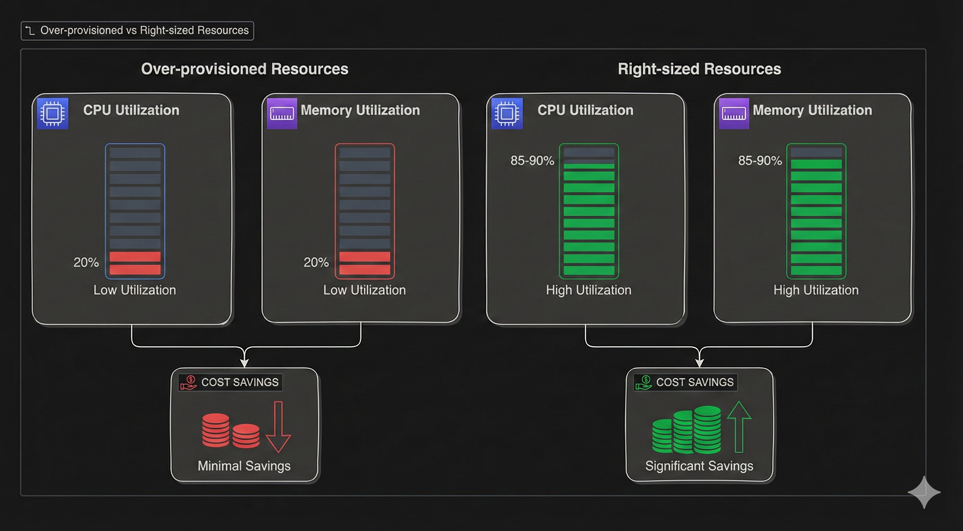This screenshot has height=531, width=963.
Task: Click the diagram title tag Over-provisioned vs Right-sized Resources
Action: pyautogui.click(x=137, y=31)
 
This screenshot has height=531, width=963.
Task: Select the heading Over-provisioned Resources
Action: pyautogui.click(x=245, y=69)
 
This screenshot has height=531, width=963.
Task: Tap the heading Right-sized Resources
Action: pyautogui.click(x=699, y=69)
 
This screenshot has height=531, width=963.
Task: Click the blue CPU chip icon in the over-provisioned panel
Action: pyautogui.click(x=53, y=113)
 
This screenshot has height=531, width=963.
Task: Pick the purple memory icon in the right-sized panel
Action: pyautogui.click(x=734, y=113)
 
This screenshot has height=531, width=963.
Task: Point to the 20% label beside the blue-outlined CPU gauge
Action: pyautogui.click(x=86, y=262)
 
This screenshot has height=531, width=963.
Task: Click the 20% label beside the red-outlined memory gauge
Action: pyautogui.click(x=316, y=262)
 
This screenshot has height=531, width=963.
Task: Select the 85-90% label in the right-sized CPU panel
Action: pyautogui.click(x=532, y=161)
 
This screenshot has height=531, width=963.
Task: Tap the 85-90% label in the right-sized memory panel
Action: pyautogui.click(x=760, y=161)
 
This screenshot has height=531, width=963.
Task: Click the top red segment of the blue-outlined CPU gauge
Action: pyautogui.click(x=135, y=257)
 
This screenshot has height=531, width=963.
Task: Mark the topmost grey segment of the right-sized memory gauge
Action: pyautogui.click(x=816, y=152)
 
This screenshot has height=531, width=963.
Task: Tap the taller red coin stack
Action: pyautogui.click(x=216, y=430)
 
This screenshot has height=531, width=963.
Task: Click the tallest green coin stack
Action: pyautogui.click(x=707, y=429)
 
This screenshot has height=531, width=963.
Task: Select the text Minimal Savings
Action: pyautogui.click(x=244, y=466)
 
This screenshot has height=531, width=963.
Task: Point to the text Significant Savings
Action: pyautogui.click(x=699, y=466)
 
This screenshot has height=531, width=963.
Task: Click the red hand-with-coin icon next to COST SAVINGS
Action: pyautogui.click(x=189, y=383)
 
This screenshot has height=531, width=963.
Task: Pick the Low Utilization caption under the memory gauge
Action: pyautogui.click(x=365, y=290)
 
